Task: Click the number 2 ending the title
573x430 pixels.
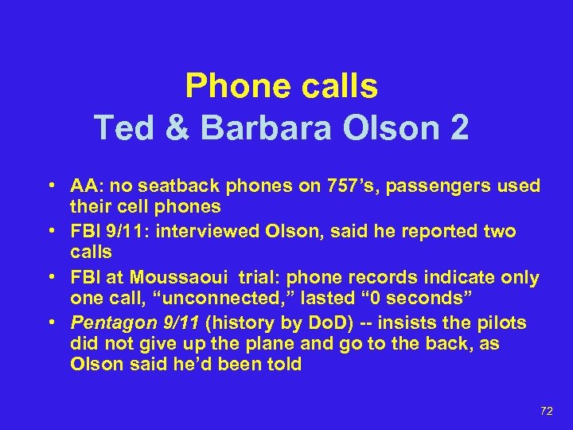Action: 458,127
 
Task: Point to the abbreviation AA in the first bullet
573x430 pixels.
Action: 82,186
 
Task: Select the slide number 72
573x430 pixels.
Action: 547,410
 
